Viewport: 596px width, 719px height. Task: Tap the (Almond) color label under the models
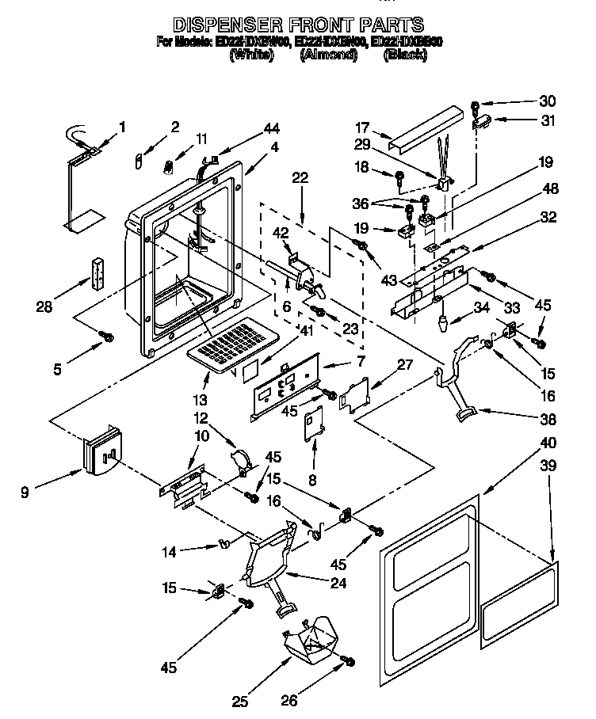(329, 55)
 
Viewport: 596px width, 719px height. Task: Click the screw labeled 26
(350, 660)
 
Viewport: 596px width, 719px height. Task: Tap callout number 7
(360, 362)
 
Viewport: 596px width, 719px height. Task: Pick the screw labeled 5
(104, 338)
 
